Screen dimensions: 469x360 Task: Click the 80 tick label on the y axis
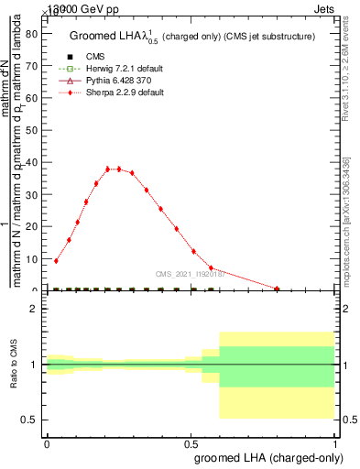[30, 34]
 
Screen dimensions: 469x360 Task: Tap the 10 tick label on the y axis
[30, 258]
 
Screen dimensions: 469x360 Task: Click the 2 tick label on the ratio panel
[33, 309]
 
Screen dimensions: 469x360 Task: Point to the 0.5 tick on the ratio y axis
[30, 420]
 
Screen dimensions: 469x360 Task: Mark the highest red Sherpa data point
[118, 169]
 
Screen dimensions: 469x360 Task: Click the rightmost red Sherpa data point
[277, 289]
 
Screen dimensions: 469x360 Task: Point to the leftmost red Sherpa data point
[57, 260]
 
